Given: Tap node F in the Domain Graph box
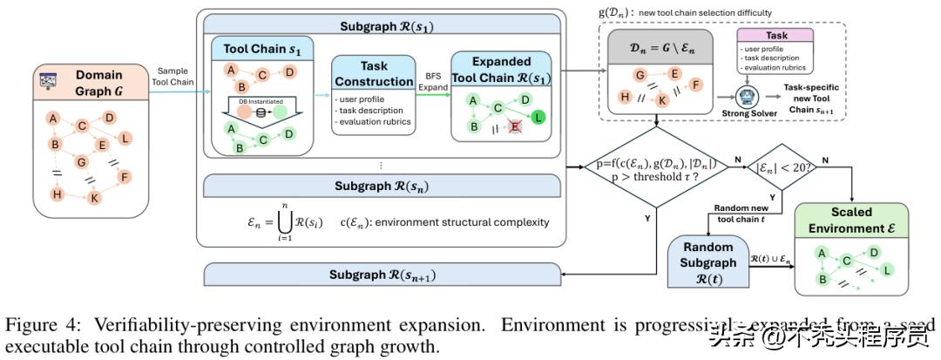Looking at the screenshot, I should (x=125, y=178).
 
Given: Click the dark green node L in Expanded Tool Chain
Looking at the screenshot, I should (x=538, y=116).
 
